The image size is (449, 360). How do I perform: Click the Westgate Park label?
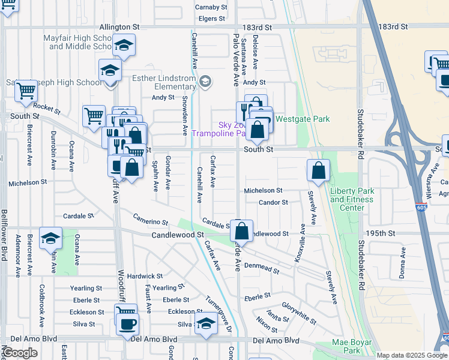coord(303,119)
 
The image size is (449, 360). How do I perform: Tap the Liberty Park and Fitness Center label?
coord(352,199)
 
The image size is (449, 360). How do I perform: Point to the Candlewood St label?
coord(178,235)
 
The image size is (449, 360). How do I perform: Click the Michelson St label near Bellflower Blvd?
coord(27,182)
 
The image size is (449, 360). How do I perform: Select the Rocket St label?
coord(47,108)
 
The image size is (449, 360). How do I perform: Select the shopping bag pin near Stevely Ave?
coord(319,170)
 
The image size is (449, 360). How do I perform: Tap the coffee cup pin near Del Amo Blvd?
coord(126,324)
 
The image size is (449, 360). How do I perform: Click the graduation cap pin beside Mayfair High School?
coord(124,45)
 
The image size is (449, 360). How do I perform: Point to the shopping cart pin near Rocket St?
coord(94,116)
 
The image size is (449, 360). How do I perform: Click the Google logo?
coord(20,353)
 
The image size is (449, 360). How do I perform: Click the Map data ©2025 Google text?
coord(412,355)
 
